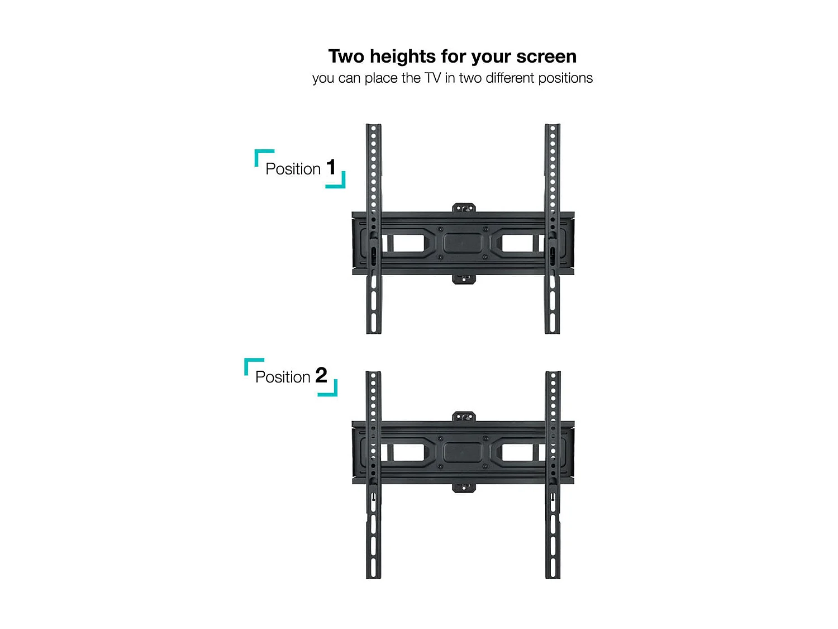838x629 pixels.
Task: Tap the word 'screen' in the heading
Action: (x=546, y=57)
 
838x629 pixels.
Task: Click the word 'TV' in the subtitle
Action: (x=432, y=78)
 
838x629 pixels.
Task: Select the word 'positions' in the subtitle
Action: (x=565, y=78)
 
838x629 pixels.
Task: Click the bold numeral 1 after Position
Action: (x=331, y=167)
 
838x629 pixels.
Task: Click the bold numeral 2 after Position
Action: (x=321, y=375)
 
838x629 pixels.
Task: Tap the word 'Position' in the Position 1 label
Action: (x=293, y=169)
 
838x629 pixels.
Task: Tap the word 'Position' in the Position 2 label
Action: (x=283, y=377)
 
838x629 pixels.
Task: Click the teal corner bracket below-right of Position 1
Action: (x=339, y=182)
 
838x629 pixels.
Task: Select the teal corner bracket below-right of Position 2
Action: (x=331, y=390)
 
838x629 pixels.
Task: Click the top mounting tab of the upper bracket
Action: (x=464, y=208)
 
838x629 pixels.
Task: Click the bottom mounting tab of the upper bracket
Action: (x=464, y=278)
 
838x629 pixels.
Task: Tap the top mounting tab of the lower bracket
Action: (x=464, y=417)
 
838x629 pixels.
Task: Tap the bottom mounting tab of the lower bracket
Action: (x=464, y=488)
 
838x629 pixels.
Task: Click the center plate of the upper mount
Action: (x=463, y=243)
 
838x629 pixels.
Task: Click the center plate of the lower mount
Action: (x=463, y=452)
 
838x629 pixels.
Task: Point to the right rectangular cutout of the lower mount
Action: (x=518, y=452)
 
